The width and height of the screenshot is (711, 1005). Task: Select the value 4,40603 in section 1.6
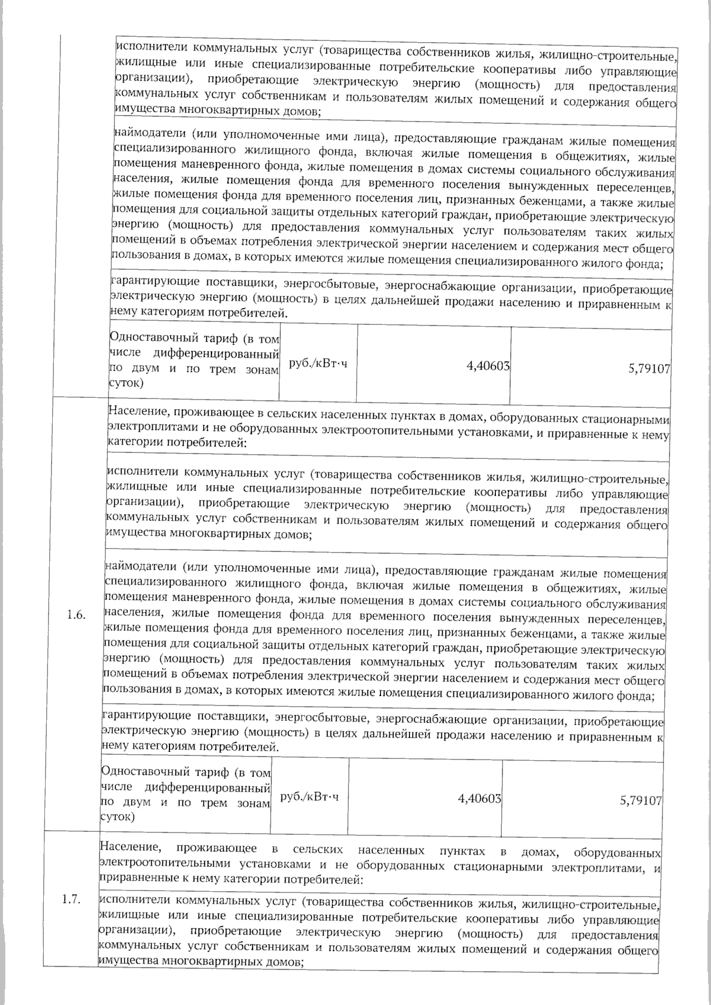point(479,799)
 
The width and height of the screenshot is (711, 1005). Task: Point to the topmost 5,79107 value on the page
point(649,368)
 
